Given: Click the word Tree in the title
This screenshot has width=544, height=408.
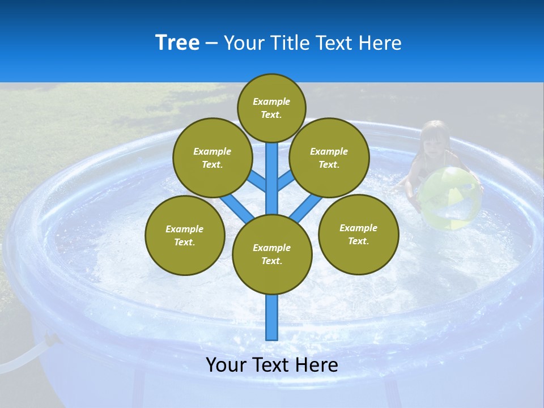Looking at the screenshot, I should point(177,43).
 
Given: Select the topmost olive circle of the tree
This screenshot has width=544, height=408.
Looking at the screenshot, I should point(271,108).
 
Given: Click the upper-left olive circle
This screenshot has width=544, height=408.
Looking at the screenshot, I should point(212,158).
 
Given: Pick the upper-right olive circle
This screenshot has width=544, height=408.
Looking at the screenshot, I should point(329,158).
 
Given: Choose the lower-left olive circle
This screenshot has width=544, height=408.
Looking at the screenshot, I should point(185,235).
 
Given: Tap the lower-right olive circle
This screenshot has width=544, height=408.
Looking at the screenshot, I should point(358,234).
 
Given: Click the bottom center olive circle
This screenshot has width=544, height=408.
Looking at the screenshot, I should point(272,254).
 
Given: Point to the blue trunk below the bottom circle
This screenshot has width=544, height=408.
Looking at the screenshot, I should point(272,317).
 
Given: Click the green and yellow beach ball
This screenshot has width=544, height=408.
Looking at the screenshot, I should point(450,198).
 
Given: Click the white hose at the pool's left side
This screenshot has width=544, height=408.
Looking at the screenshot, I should point(23,354).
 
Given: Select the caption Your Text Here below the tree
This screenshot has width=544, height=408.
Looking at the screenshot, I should point(272,365).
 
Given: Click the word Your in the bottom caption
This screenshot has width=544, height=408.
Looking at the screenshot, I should point(226,365).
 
